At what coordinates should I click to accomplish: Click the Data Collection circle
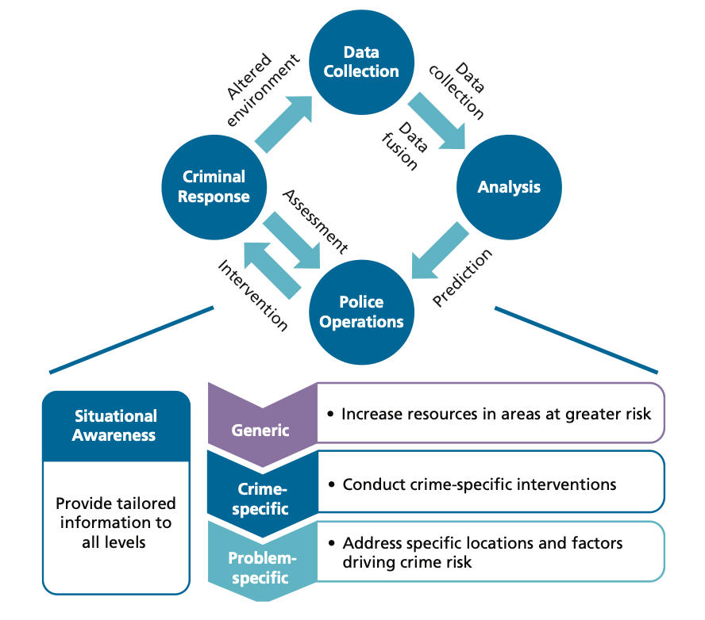coord(360,62)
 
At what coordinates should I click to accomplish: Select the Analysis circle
coord(509,188)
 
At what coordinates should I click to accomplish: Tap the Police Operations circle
coord(360,312)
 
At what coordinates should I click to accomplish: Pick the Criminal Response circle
coord(213,186)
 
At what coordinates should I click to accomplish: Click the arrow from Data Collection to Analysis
coord(438,121)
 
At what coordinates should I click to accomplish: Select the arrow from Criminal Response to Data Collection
coord(283,122)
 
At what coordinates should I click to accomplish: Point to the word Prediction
coord(464,277)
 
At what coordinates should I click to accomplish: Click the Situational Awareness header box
coord(116,426)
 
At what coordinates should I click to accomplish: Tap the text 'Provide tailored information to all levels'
coord(116,523)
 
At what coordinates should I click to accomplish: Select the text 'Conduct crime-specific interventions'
coord(480,484)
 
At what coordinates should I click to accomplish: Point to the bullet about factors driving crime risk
coord(483,553)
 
